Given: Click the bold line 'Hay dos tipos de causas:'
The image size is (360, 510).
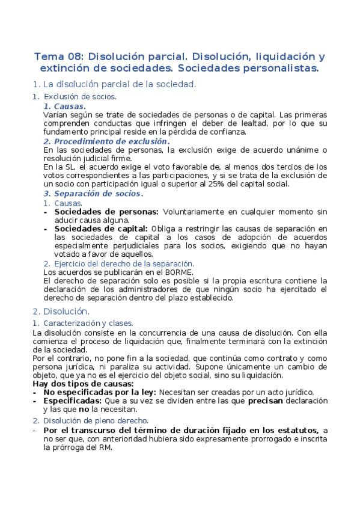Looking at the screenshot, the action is (83, 384).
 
